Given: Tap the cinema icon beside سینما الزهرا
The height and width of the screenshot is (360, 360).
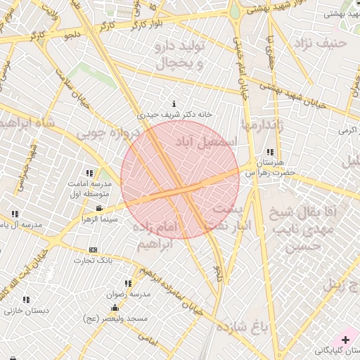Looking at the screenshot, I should pos(99,208).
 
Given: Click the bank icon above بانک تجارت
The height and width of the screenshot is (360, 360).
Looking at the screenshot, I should pos(93,250).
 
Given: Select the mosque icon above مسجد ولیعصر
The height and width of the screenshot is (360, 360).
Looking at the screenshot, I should pos(115,308).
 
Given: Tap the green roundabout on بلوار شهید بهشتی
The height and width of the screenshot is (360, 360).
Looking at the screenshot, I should pos(235,13).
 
